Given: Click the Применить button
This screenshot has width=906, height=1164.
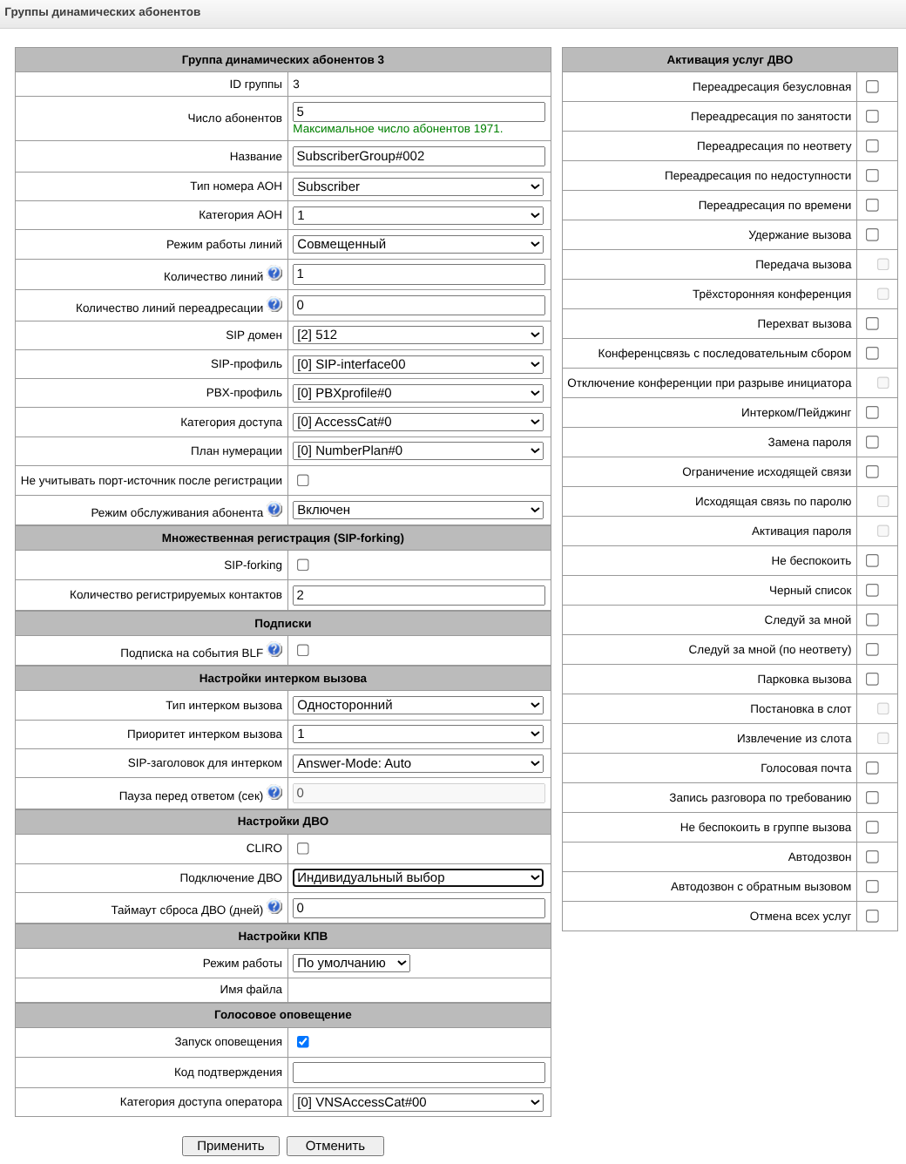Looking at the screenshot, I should [230, 1146].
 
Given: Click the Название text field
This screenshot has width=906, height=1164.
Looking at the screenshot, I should [418, 156].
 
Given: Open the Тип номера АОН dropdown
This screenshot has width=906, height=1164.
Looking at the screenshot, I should [418, 186].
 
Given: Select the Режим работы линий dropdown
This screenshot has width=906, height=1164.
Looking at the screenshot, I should [418, 244].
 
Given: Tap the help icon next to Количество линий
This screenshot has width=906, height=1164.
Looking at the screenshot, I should [274, 274].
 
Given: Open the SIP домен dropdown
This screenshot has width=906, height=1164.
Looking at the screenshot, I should [418, 335].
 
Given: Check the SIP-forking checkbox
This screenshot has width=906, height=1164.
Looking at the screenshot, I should [303, 565].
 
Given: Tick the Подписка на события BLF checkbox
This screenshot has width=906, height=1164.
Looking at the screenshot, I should [303, 650].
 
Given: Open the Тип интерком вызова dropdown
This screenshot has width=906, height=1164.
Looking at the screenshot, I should [418, 705].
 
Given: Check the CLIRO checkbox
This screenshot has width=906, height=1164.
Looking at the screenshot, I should [303, 848].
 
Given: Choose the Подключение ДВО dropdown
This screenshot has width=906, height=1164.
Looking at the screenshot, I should [418, 877].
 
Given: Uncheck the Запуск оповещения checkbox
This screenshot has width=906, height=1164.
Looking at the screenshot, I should [303, 1041].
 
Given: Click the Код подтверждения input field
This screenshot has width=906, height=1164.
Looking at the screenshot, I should [418, 1073].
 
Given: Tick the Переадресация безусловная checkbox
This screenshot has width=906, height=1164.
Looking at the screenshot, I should [872, 86].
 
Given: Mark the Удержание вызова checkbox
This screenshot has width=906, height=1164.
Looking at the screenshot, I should [872, 234].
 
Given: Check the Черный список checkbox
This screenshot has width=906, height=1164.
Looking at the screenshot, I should [872, 590].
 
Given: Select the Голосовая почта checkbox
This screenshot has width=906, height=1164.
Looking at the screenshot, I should [872, 768].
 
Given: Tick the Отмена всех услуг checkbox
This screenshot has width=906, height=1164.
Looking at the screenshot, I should [872, 916].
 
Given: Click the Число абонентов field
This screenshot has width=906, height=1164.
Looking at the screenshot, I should [418, 112].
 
